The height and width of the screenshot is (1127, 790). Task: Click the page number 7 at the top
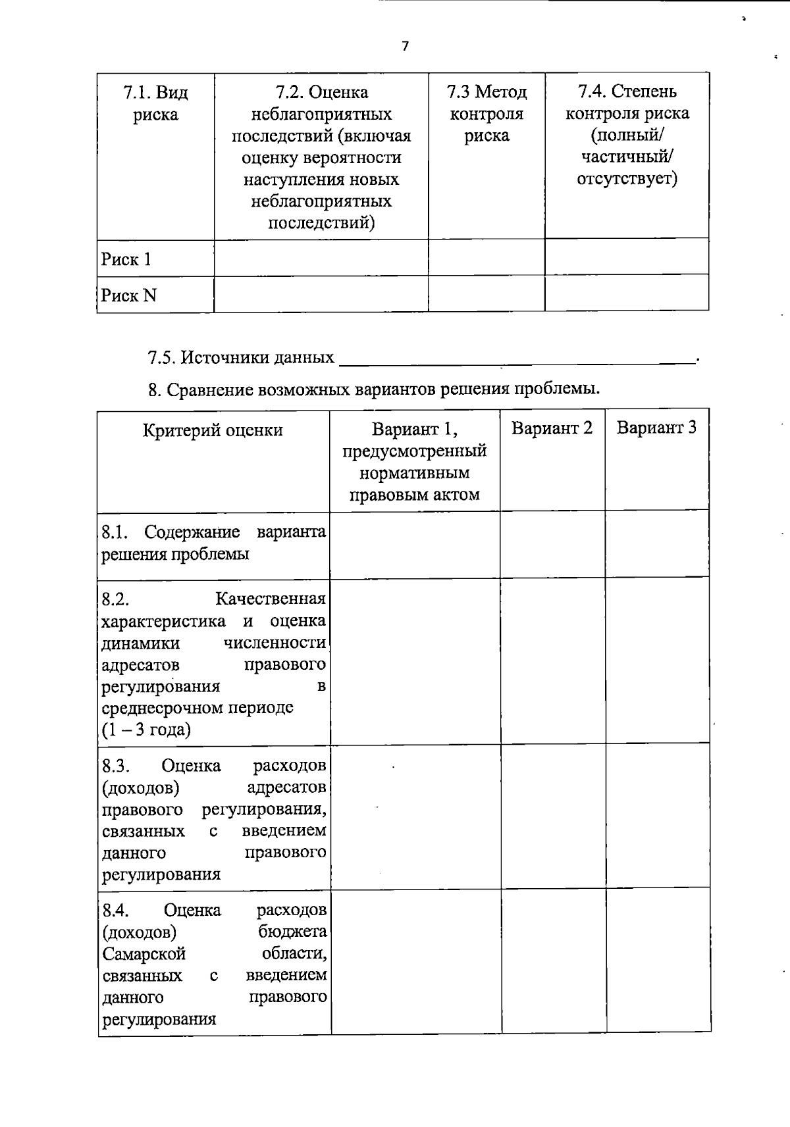(405, 46)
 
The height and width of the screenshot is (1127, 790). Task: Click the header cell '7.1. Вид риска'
(155, 103)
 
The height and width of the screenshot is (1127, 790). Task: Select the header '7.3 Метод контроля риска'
(487, 113)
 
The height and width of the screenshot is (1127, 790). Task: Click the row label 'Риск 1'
(126, 259)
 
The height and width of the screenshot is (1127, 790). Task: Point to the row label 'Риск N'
(129, 295)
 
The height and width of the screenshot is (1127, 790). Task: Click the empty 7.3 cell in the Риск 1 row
(487, 257)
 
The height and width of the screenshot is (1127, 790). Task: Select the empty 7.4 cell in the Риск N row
(627, 293)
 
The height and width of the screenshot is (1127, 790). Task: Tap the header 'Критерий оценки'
(213, 430)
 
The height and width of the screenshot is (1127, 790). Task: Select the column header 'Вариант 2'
(552, 428)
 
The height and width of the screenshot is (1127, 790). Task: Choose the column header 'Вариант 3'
(656, 428)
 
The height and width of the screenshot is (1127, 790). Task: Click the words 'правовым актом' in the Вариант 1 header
(414, 495)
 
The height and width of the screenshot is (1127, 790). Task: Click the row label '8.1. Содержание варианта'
(213, 532)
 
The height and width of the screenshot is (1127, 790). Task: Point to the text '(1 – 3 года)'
(146, 730)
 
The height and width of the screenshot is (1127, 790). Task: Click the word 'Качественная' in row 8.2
(271, 599)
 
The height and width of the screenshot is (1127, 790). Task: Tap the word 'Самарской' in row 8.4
(144, 954)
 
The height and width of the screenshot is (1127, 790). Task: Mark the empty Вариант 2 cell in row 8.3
(553, 816)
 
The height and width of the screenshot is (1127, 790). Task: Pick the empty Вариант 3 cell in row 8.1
(657, 545)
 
